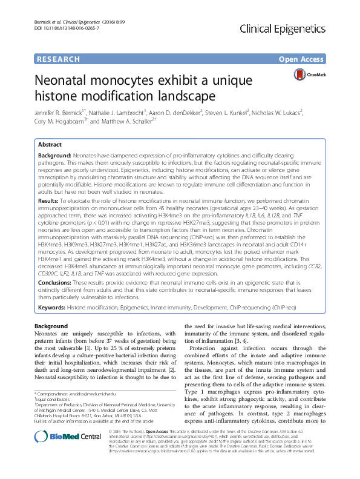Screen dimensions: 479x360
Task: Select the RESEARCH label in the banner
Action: pyautogui.click(x=58, y=59)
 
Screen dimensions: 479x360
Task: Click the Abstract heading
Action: pyautogui.click(x=50, y=145)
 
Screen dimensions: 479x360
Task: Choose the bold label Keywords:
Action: pyautogui.click(x=51, y=308)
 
